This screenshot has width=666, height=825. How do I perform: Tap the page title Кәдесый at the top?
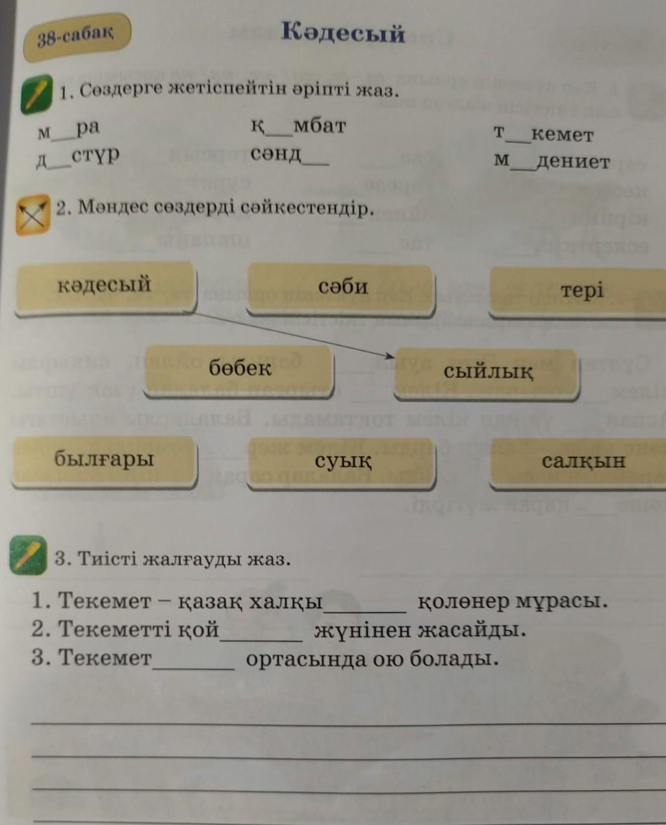pos(343,32)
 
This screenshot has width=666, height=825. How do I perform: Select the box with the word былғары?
pos(104,460)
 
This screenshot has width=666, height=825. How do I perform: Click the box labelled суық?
pos(342,462)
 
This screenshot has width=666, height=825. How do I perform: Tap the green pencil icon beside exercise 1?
pos(36,95)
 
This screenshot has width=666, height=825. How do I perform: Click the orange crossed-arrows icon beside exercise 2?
pos(32,214)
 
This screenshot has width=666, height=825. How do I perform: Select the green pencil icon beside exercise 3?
pos(29,556)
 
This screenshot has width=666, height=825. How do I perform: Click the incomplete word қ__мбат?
pos(298,126)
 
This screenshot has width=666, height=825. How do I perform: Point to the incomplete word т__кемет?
pos(543,134)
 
